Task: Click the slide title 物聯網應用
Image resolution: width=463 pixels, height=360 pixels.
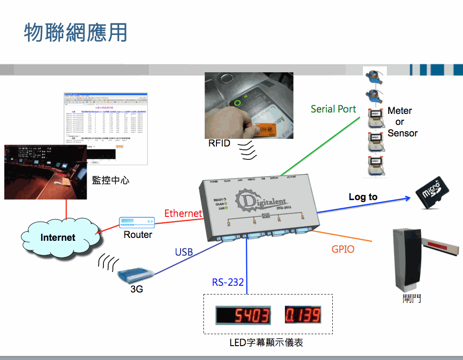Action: (x=76, y=32)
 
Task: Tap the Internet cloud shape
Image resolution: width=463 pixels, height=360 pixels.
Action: (x=57, y=237)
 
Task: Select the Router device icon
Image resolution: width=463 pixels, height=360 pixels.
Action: (x=137, y=222)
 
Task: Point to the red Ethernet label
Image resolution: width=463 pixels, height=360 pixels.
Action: (x=183, y=213)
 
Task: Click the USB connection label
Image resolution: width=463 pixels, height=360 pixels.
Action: (x=184, y=252)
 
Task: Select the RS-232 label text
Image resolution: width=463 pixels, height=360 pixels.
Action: (x=228, y=282)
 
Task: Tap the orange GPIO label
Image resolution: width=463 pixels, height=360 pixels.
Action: (x=343, y=249)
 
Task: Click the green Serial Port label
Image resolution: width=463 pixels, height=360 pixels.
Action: (x=333, y=109)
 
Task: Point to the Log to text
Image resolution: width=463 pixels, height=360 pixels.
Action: (x=363, y=197)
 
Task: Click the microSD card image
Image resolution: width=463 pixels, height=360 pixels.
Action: (x=433, y=192)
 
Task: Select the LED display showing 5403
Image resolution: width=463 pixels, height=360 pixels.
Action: (x=244, y=315)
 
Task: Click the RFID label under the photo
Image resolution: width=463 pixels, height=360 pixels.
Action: (x=219, y=143)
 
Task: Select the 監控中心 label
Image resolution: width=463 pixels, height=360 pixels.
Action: (x=111, y=180)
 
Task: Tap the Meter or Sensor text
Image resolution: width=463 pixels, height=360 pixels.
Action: (x=401, y=122)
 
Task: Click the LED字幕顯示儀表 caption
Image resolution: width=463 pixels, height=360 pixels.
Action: (x=266, y=342)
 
